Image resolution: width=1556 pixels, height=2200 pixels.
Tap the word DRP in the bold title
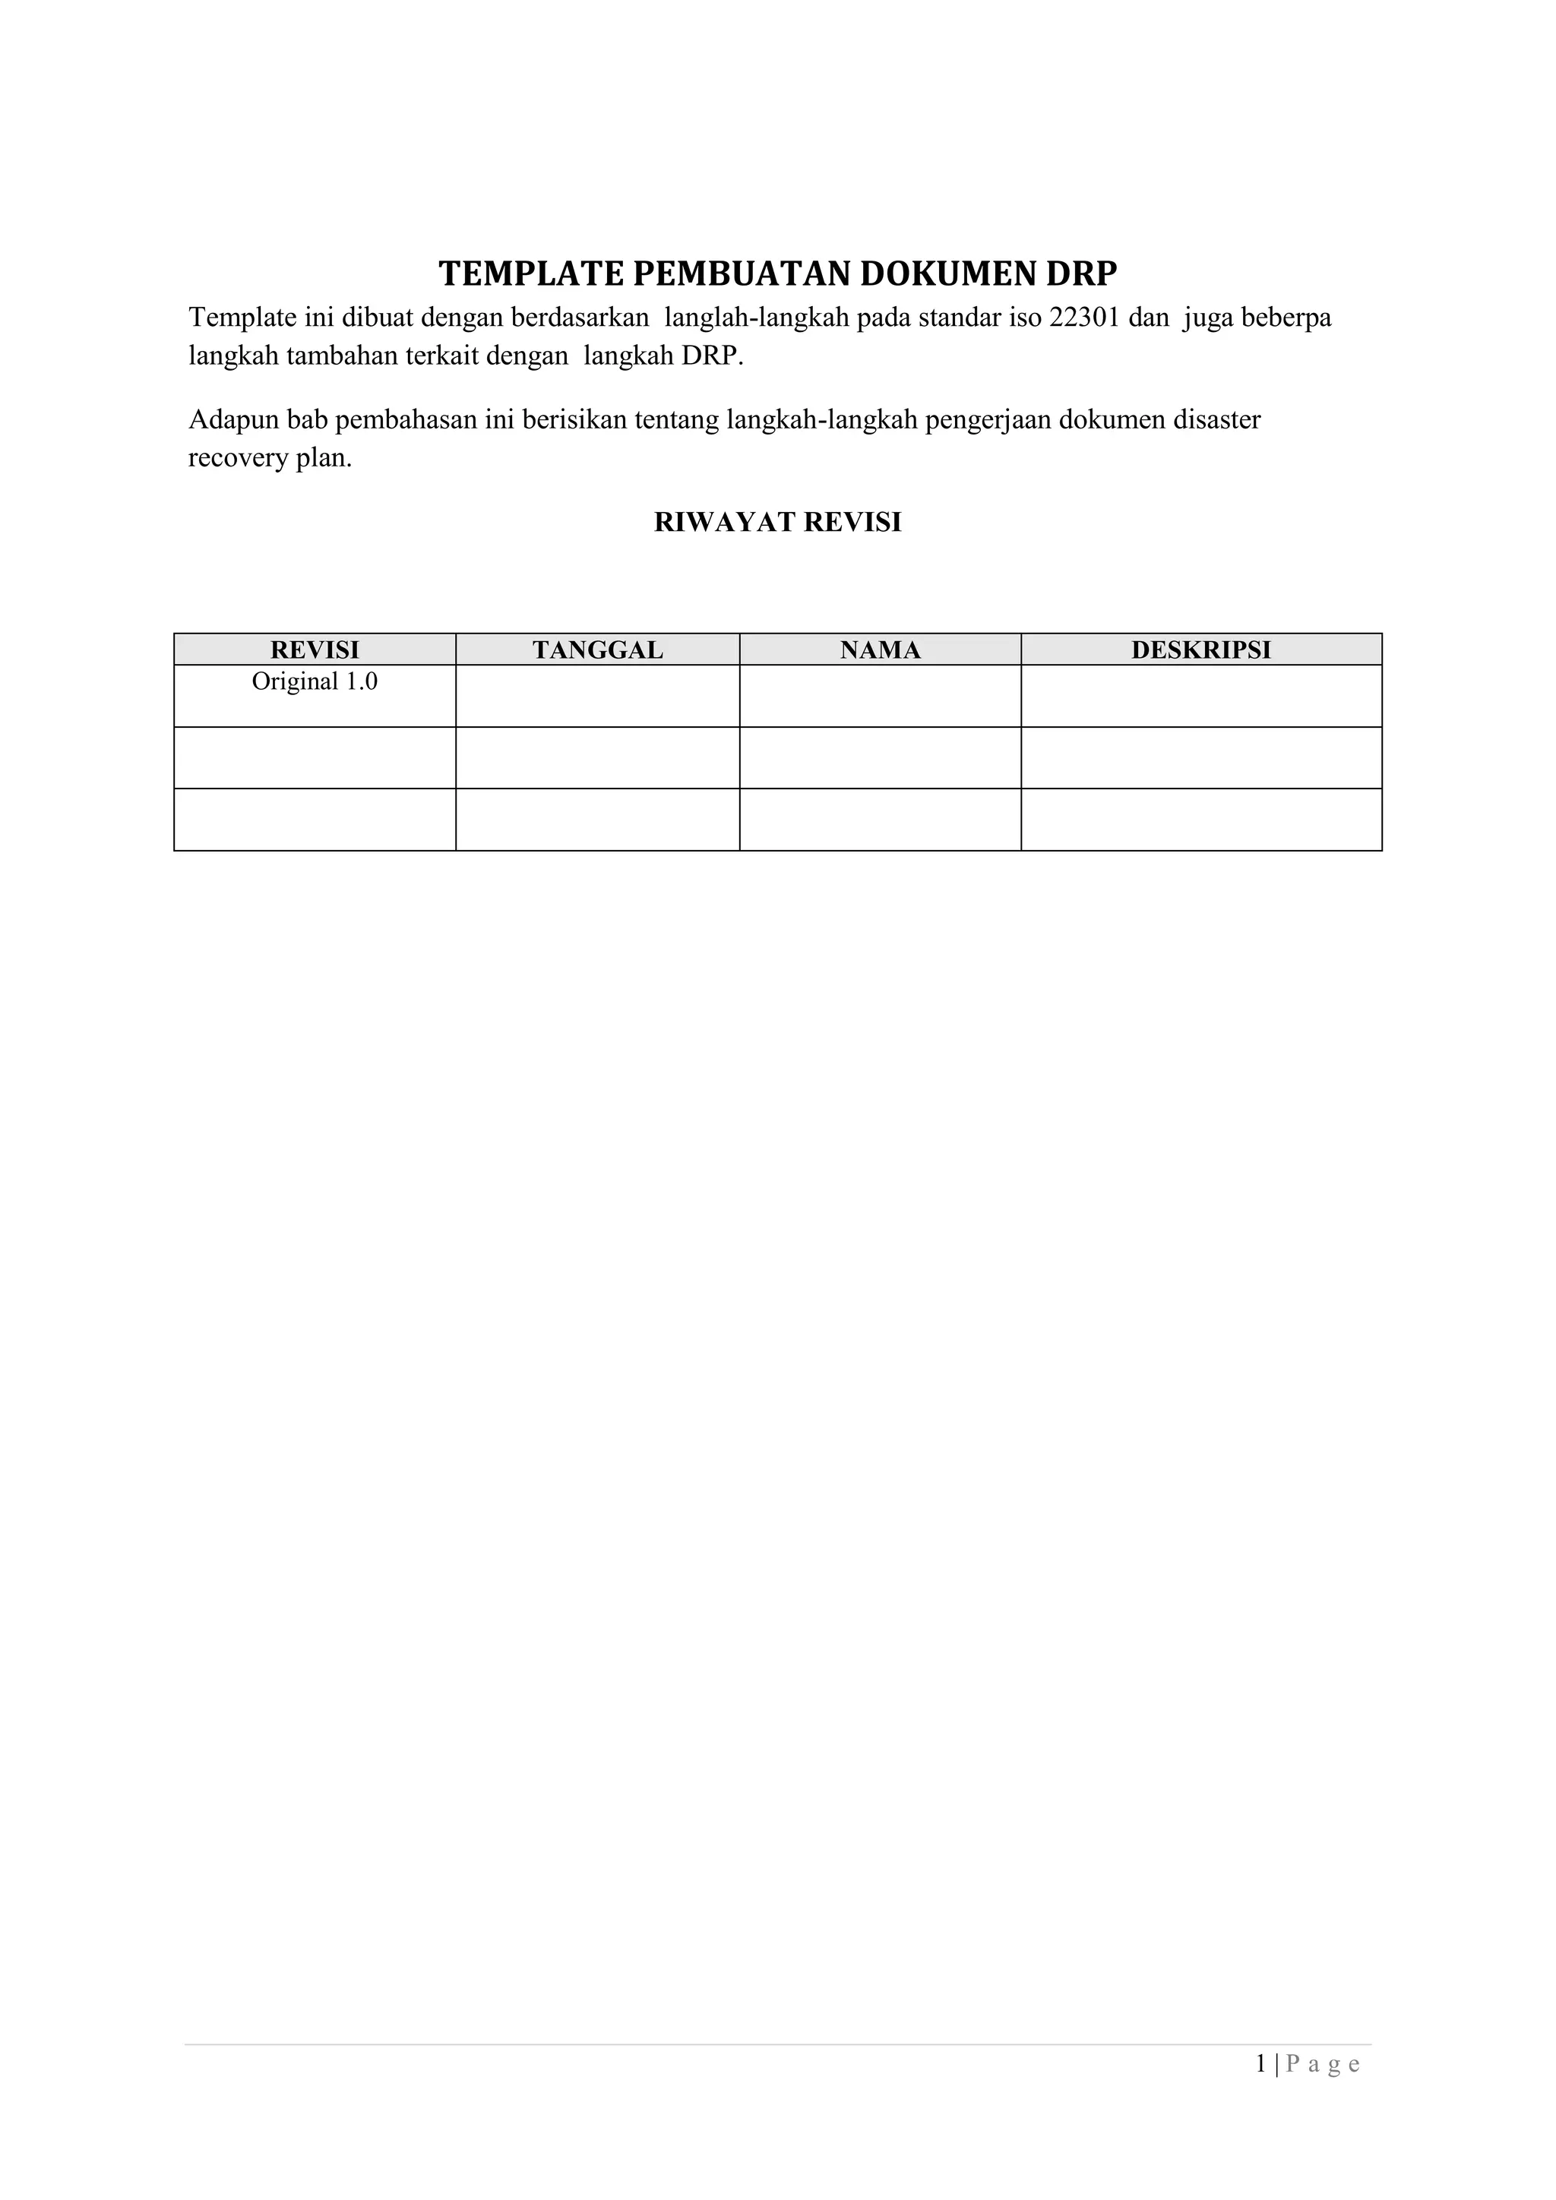1081,274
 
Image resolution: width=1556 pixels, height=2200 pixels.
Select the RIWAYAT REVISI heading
777,522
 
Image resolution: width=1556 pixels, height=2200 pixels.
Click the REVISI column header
315,650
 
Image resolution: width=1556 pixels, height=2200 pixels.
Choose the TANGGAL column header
598,650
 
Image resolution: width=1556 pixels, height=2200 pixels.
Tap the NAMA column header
880,650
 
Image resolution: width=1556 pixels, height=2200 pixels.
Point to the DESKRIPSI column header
1200,650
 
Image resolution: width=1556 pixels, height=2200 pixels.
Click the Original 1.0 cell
315,682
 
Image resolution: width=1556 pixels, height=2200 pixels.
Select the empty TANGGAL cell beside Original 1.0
598,696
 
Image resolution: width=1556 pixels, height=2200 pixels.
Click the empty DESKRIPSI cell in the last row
1200,819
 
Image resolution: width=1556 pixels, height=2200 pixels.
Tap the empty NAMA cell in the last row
880,819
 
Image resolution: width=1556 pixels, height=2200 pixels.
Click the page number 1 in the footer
1261,2064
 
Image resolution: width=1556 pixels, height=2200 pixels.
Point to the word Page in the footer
1322,2064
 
